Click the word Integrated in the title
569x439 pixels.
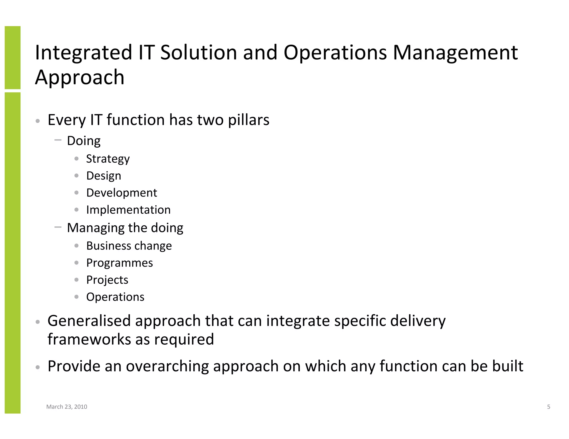pos(83,53)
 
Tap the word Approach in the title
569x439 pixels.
pos(80,77)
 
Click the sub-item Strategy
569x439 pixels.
pos(108,159)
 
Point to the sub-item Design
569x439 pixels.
pos(104,176)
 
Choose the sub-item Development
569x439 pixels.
pos(121,193)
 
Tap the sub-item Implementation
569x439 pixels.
pos(128,210)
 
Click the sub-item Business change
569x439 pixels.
pos(129,246)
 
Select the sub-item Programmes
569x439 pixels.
pos(119,263)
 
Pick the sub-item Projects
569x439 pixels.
pos(107,280)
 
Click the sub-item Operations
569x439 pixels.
pos(115,297)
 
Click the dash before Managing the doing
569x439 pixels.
pos(58,227)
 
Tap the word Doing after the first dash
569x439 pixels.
pos(84,141)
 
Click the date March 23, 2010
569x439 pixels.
pos(67,407)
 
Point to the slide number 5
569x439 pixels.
pos(548,407)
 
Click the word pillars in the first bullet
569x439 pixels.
pos(248,120)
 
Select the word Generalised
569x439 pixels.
pos(89,321)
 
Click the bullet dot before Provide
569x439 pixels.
pos(38,367)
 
